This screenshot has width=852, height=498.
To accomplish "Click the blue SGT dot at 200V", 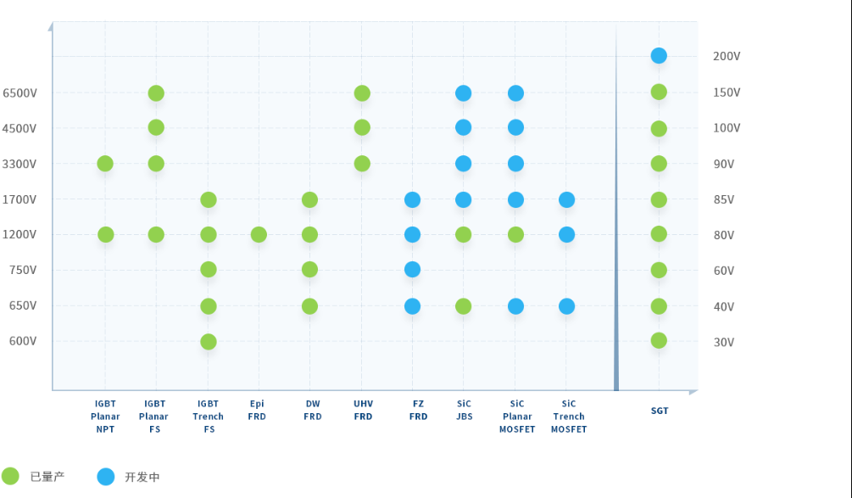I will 659,56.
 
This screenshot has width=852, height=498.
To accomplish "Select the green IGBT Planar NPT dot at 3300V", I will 105,164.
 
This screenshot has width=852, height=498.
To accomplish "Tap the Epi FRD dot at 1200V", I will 259,234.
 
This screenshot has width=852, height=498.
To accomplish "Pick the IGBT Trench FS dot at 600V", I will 208,342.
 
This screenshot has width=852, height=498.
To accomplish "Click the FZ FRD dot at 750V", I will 412,270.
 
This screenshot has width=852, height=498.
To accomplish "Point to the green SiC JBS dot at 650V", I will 463,306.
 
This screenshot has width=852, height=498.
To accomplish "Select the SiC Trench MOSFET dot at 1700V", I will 566,200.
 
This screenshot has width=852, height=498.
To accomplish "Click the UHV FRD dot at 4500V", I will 362,127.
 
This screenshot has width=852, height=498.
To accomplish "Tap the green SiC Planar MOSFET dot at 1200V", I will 515,234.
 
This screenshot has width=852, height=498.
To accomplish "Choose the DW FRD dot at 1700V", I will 309,200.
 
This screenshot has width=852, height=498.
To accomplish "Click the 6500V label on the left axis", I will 19,92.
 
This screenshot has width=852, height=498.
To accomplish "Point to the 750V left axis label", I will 22,270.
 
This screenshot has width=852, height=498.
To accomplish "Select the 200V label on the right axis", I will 727,56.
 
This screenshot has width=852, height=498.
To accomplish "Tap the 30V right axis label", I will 724,342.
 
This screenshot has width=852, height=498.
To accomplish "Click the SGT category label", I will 660,411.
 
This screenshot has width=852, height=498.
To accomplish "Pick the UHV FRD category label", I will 363,410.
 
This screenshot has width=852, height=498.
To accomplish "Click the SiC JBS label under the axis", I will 464,410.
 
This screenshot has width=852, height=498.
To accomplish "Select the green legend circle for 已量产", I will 10,476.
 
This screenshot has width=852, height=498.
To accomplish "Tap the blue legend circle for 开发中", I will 105,476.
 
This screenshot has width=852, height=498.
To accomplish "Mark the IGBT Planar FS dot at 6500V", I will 156,93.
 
